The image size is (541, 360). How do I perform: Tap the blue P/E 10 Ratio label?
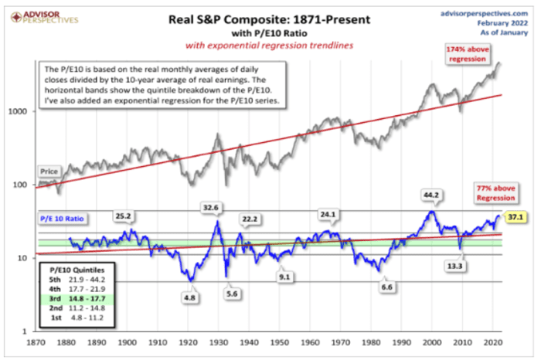(x=63, y=219)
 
